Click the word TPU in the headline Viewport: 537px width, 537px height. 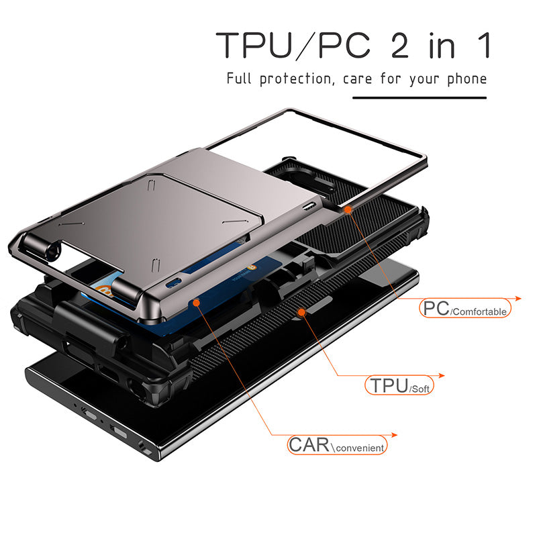[254, 45]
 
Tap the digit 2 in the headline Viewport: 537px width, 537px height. [399, 45]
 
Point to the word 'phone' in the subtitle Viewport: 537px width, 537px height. [467, 79]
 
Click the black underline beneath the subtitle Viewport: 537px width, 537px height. [420, 98]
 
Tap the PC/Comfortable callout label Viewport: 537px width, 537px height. [465, 308]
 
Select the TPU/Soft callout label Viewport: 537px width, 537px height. [399, 385]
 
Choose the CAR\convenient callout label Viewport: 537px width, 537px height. [337, 445]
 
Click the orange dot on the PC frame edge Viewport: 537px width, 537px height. [348, 209]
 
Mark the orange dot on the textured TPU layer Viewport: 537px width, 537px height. [301, 312]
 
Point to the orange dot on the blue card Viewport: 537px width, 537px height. [196, 303]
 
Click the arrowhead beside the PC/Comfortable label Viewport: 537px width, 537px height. [518, 299]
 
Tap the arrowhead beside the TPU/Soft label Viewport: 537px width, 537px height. [442, 376]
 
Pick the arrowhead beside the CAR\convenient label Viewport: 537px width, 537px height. [394, 435]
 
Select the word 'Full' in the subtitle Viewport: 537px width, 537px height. [239, 79]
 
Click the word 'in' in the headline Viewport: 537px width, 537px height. [442, 46]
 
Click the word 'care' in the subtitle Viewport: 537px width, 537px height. [357, 79]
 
